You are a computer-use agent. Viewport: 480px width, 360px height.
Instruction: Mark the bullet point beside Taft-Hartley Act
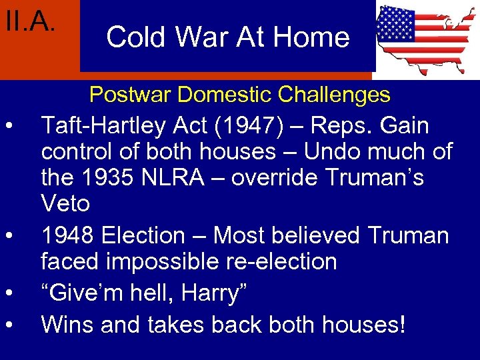pyautogui.click(x=9, y=127)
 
